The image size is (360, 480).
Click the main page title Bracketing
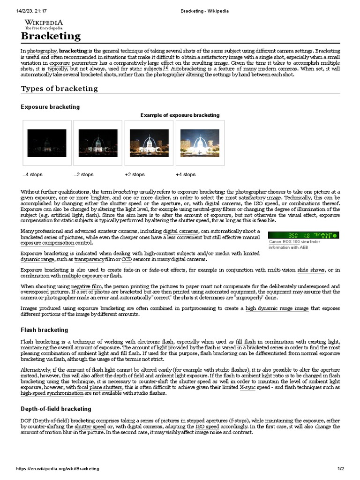[51, 36]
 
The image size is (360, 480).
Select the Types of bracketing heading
[59, 89]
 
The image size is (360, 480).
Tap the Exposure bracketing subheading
[50, 107]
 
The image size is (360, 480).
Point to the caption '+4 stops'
[186, 175]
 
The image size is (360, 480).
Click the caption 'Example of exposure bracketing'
[180, 115]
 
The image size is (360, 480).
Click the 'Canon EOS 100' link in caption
[284, 242]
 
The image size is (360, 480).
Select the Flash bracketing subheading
[44, 330]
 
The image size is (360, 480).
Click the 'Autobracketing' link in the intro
[189, 69]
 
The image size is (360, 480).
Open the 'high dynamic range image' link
[277, 308]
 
